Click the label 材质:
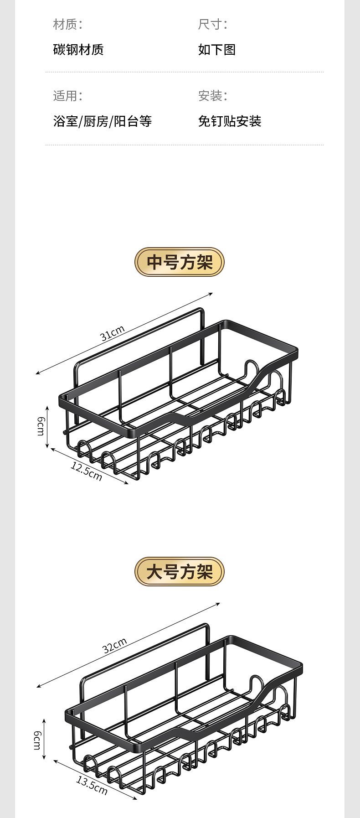pyautogui.click(x=67, y=24)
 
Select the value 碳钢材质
pyautogui.click(x=78, y=49)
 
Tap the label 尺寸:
pyautogui.click(x=212, y=24)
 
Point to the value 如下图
pyautogui.click(x=217, y=49)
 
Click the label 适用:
pyautogui.click(x=67, y=96)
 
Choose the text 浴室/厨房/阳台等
pyautogui.click(x=103, y=121)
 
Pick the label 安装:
pyautogui.click(x=212, y=96)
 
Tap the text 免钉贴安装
pyautogui.click(x=230, y=121)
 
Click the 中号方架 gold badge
pyautogui.click(x=180, y=262)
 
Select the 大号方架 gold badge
pyautogui.click(x=180, y=572)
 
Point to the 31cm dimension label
pyautogui.click(x=113, y=333)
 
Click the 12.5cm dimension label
pyautogui.click(x=86, y=471)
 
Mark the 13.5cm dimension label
pyautogui.click(x=92, y=785)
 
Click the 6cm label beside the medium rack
pyautogui.click(x=40, y=426)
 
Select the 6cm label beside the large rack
pyautogui.click(x=37, y=739)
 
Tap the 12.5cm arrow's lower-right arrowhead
pyautogui.click(x=127, y=483)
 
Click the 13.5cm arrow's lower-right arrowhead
pyautogui.click(x=135, y=798)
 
